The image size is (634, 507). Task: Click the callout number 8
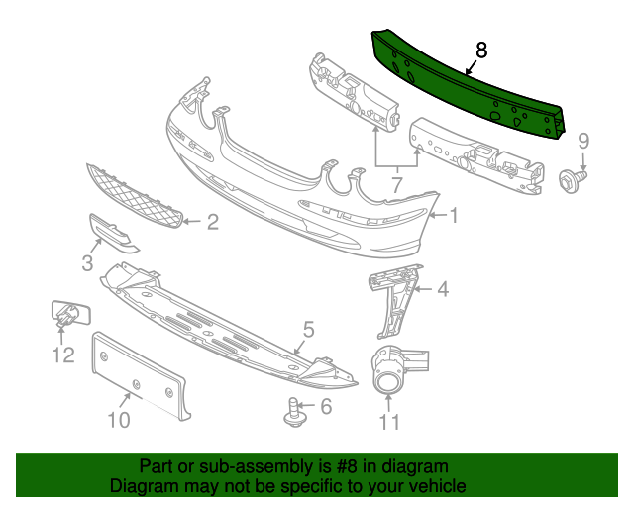click(x=481, y=51)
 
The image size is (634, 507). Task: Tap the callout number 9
click(x=583, y=142)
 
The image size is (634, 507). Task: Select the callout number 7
click(x=397, y=185)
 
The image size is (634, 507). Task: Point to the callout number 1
click(x=454, y=215)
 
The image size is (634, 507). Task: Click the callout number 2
click(x=213, y=222)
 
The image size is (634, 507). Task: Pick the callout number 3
click(x=87, y=262)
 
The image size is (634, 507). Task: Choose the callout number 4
click(x=444, y=289)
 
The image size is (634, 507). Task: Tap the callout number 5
click(x=309, y=330)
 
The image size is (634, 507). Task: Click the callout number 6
click(x=326, y=406)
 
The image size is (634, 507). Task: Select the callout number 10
click(x=119, y=420)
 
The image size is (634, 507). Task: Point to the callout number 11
click(x=389, y=423)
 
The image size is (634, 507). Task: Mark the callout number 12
click(x=63, y=355)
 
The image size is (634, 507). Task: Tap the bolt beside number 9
click(x=573, y=181)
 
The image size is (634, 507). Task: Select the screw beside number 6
click(x=295, y=413)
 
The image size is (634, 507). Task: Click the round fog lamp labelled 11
click(x=388, y=370)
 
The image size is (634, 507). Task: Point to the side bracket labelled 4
click(x=395, y=301)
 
